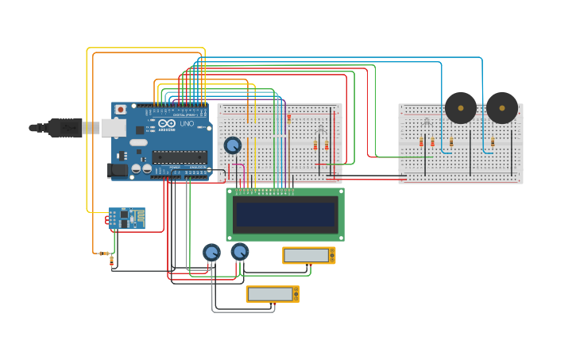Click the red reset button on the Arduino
[x=121, y=110]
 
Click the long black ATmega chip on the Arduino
[x=179, y=157]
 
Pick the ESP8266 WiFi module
[x=126, y=218]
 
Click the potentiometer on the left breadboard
[x=233, y=145]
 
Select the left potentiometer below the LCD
[x=211, y=253]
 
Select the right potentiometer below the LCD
[x=239, y=252]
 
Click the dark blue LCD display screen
[x=285, y=215]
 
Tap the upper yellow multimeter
[x=308, y=255]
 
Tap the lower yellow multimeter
[x=272, y=294]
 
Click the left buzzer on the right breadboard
[x=460, y=108]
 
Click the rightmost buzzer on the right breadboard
[x=502, y=108]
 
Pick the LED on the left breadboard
[x=321, y=129]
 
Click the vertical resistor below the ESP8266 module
[x=111, y=260]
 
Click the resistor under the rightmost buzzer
[x=492, y=142]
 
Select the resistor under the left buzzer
[x=450, y=142]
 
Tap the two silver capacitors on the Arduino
[x=141, y=168]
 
